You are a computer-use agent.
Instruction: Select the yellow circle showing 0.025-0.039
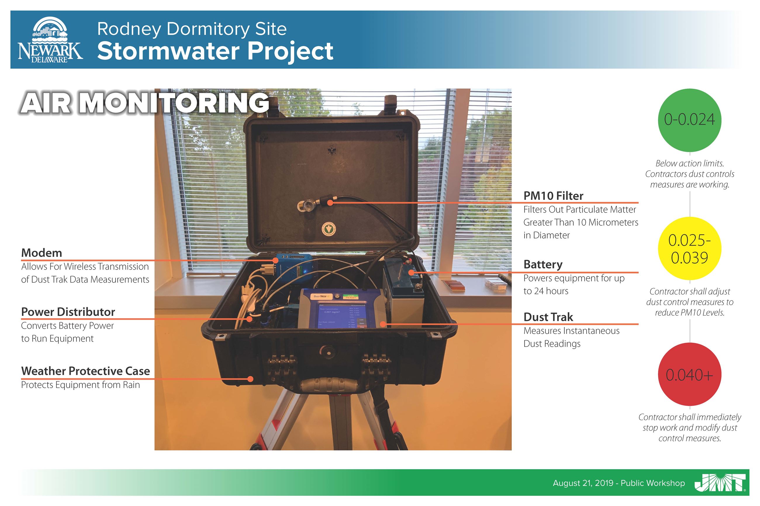tap(689, 249)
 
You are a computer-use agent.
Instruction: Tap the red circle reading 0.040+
tap(689, 374)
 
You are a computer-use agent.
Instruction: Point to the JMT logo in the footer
tap(720, 483)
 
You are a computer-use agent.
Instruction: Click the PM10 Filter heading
tap(553, 196)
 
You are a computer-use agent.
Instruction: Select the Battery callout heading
tap(543, 264)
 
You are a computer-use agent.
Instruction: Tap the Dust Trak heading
tap(548, 317)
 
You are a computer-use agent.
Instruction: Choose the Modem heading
tap(41, 253)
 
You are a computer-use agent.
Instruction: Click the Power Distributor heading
tap(68, 312)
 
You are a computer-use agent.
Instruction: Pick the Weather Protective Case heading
tap(85, 371)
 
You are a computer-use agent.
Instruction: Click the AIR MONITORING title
tap(144, 103)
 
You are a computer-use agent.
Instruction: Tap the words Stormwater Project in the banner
tap(215, 51)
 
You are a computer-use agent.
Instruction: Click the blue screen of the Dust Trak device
tap(338, 316)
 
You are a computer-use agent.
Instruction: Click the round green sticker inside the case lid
tap(329, 229)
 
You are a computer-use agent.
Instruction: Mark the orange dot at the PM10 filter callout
tap(330, 203)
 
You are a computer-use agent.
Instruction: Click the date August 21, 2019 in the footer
tap(583, 483)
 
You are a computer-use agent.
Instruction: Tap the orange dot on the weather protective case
tap(250, 379)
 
